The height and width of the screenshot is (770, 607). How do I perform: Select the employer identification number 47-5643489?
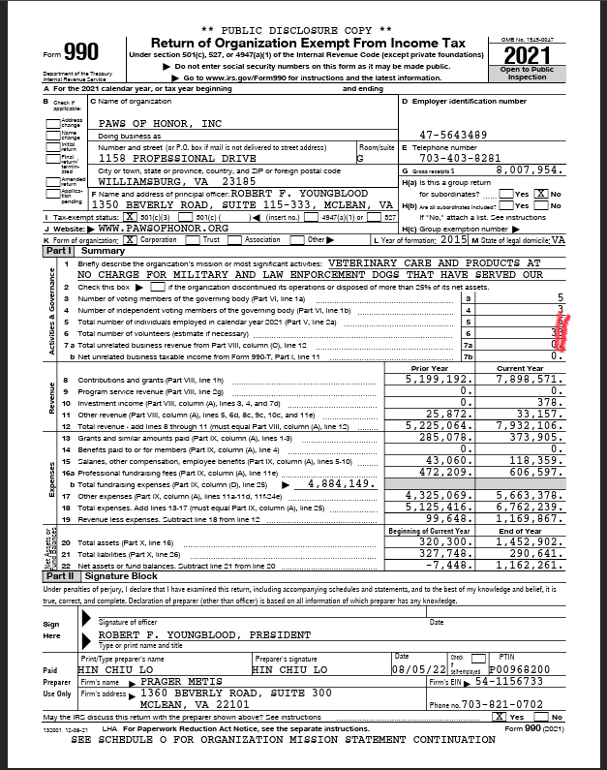453,135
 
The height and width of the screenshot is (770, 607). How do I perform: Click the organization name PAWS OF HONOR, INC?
160,124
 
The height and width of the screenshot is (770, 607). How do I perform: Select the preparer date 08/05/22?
413,668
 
